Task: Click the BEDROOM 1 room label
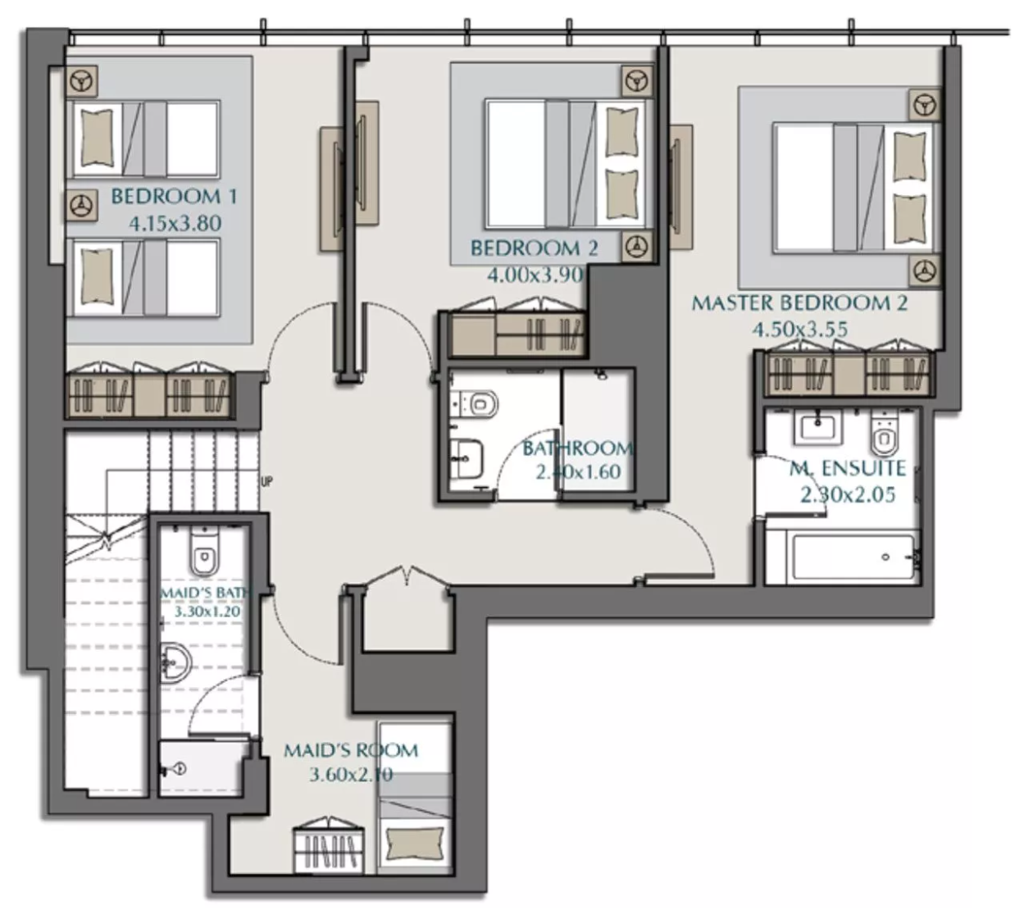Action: [x=174, y=197]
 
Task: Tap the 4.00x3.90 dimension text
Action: [x=535, y=275]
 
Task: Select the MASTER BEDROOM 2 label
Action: [x=799, y=303]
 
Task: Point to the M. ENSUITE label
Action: [x=848, y=468]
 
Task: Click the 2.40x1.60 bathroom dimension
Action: [x=578, y=471]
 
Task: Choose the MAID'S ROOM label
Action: [x=351, y=750]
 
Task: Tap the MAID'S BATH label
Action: [x=205, y=593]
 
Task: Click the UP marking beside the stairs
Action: [x=267, y=481]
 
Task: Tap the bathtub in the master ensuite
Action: [x=853, y=557]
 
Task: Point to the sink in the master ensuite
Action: [x=817, y=429]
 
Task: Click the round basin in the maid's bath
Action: [x=176, y=662]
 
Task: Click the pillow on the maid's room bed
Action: [x=415, y=843]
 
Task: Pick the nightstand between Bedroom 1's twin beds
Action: [x=81, y=206]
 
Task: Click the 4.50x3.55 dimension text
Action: [x=800, y=330]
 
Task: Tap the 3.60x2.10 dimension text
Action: [x=351, y=775]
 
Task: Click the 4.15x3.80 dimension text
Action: [x=175, y=223]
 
